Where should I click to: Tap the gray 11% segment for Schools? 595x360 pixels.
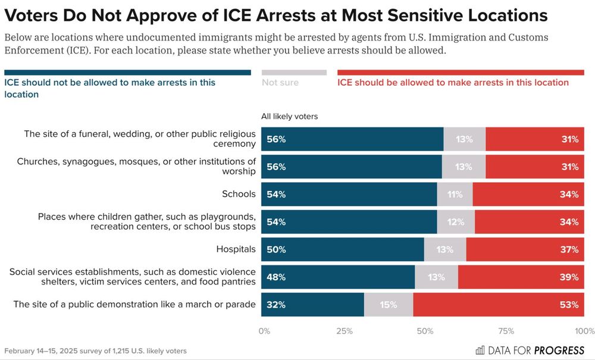tap(455, 194)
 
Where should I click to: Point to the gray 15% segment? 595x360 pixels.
tap(389, 305)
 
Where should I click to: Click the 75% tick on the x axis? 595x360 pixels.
tap(506, 330)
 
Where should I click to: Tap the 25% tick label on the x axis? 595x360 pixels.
tap(345, 330)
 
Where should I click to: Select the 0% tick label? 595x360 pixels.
tap(265, 330)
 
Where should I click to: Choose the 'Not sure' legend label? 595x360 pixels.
tap(280, 83)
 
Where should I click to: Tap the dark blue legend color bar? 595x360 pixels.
tap(127, 73)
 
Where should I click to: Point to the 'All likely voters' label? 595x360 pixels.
tap(290, 117)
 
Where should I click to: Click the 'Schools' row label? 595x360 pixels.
tap(239, 194)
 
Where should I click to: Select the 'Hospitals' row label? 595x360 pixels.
tap(236, 249)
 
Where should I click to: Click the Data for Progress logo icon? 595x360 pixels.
tap(480, 350)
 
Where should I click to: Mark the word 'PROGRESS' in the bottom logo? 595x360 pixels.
tap(559, 350)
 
